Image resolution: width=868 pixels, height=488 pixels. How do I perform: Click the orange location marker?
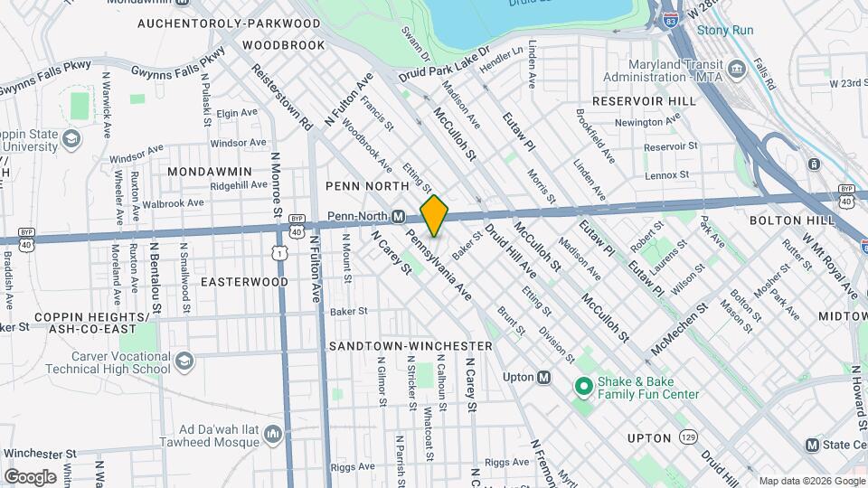(434, 215)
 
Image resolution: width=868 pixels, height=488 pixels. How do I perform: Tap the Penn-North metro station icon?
(397, 217)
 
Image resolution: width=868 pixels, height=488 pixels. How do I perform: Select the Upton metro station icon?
(544, 378)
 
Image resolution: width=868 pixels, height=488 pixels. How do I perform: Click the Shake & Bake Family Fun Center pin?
(583, 387)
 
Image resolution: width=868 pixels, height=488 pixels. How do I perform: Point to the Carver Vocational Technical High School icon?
(184, 361)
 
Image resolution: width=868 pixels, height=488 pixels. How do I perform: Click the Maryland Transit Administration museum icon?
(736, 69)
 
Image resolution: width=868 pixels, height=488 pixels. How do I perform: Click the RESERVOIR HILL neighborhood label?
(645, 101)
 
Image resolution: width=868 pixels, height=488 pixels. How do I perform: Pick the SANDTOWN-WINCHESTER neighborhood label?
(410, 346)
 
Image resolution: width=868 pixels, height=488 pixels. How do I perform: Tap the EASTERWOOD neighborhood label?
(244, 282)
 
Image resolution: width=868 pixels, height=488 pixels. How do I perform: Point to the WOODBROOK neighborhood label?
(283, 44)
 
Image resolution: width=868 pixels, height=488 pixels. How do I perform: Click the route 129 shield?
(689, 436)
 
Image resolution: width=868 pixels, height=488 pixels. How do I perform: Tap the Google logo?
(31, 476)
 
